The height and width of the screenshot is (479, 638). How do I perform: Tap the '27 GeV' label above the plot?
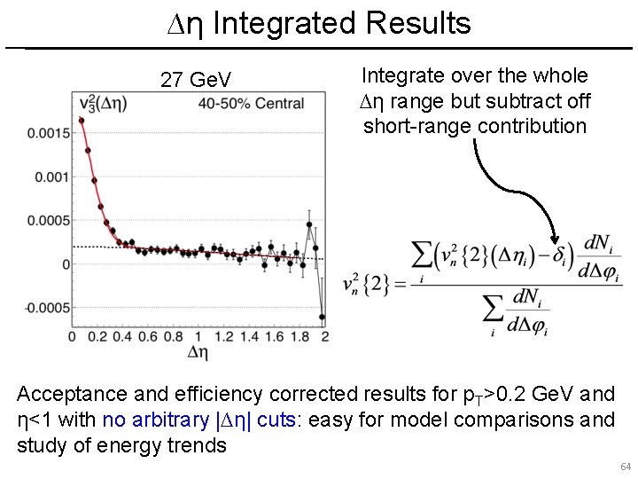(196, 81)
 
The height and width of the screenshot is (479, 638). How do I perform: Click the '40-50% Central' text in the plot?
(252, 104)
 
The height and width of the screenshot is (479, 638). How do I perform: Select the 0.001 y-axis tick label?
(53, 177)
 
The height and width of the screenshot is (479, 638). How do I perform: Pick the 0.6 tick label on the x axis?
(148, 337)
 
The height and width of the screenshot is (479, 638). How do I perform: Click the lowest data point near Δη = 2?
(323, 317)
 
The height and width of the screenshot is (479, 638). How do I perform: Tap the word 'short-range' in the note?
(418, 126)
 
